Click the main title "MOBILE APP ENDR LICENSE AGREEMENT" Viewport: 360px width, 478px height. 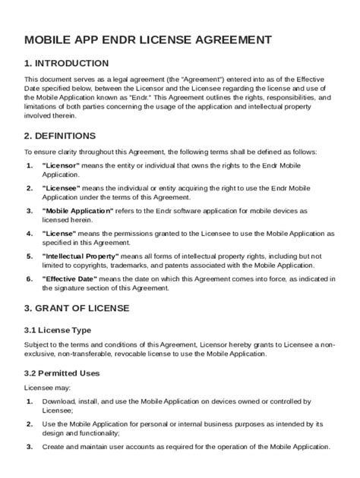[x=148, y=39]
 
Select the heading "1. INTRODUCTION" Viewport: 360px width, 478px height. [x=66, y=63]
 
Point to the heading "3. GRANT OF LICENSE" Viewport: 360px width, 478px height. [x=77, y=308]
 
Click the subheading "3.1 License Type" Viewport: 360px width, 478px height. [x=58, y=330]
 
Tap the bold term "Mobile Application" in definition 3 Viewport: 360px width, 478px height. [x=77, y=209]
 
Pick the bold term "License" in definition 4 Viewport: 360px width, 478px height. [x=58, y=232]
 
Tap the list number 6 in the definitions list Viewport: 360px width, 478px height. [x=29, y=278]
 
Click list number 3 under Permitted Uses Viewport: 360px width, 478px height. [x=29, y=447]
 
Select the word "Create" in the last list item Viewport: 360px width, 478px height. [x=54, y=447]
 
